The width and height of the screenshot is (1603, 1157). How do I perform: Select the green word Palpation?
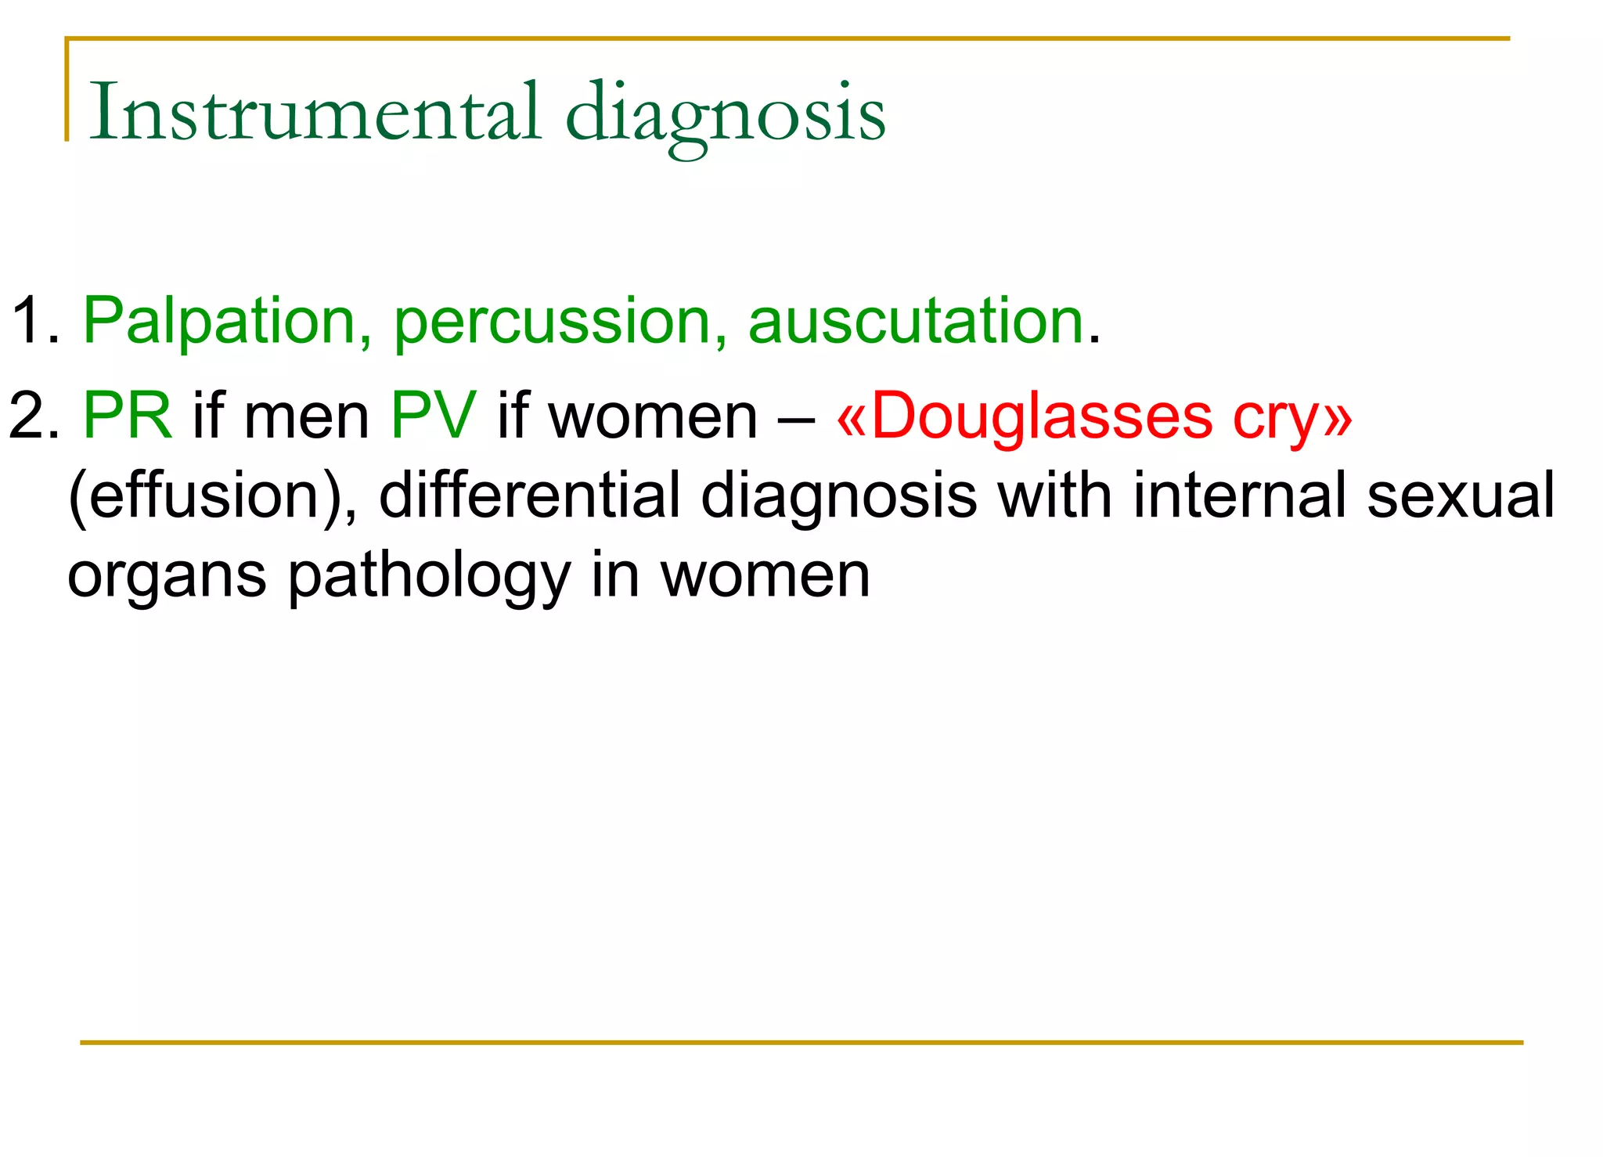point(220,321)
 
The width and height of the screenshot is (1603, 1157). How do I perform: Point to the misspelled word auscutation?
point(916,321)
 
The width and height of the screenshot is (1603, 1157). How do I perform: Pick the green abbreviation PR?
point(128,416)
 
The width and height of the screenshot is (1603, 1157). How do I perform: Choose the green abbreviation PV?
point(434,416)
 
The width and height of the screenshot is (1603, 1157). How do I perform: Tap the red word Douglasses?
point(1041,416)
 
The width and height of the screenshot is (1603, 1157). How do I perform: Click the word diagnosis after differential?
point(838,497)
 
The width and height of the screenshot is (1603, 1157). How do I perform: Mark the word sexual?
point(1461,496)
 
